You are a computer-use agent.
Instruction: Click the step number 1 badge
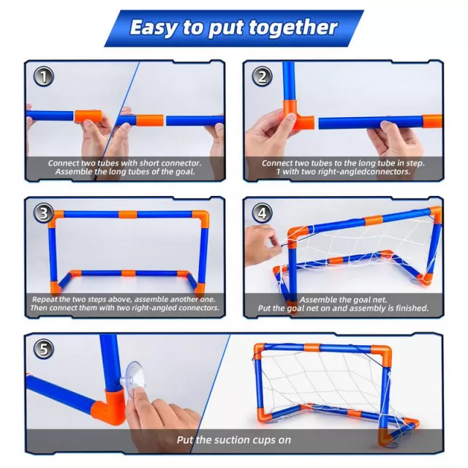click(x=44, y=76)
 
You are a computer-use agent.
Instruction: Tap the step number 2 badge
click(x=262, y=76)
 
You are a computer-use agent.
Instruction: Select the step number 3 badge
click(x=44, y=213)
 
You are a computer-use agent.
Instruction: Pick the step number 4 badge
click(x=262, y=213)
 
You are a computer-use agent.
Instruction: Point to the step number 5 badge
click(x=44, y=349)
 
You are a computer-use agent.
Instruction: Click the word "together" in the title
click(x=294, y=28)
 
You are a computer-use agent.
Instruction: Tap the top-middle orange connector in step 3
click(x=128, y=214)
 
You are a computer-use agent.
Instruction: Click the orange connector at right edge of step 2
click(x=432, y=121)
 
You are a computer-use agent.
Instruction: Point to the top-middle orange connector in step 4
click(x=373, y=221)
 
